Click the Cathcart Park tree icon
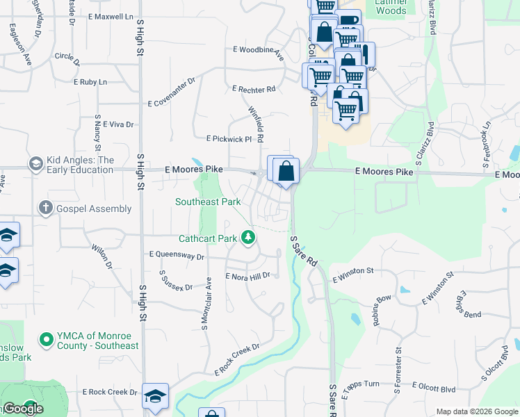coord(248,238)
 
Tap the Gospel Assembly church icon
coord(46,208)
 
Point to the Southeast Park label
coord(208,202)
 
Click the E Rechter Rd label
coord(254,90)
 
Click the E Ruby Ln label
coord(90,82)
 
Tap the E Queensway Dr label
coord(177,256)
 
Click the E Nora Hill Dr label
coord(247,276)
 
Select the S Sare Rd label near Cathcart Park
coord(304,252)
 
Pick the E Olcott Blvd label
coord(434,388)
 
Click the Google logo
coord(23,409)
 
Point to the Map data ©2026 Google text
coord(477,411)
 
